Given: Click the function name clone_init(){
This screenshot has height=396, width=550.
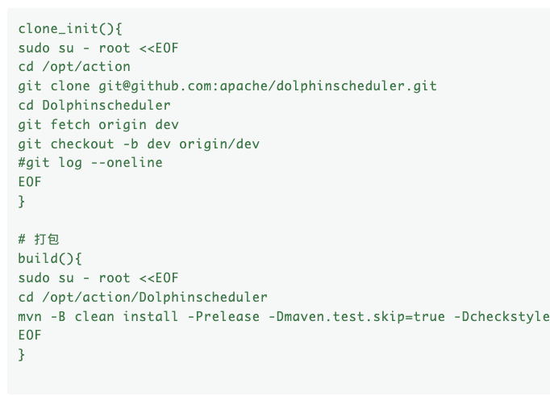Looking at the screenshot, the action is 70,28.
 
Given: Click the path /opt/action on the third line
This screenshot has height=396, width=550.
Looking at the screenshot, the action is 86,67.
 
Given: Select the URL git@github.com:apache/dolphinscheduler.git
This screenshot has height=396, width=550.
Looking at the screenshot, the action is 268,86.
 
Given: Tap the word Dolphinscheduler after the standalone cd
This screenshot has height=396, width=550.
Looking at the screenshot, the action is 106,105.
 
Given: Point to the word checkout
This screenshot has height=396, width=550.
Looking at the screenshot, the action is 82,144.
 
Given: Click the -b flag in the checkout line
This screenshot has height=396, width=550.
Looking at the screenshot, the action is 131,144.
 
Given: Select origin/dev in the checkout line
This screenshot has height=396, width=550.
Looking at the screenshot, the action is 219,144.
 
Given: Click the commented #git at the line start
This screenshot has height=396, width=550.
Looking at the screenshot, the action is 34,163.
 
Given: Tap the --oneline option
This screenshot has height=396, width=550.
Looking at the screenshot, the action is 127,163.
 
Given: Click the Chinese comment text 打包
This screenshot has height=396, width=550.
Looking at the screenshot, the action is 46,240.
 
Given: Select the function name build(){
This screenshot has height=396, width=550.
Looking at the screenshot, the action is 50,259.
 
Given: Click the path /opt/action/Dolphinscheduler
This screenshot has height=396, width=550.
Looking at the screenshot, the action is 155,297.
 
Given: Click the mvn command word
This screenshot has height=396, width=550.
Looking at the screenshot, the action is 30,316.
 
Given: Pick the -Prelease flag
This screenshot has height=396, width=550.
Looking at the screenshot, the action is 223,316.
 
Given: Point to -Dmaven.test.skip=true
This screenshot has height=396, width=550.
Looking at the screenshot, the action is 356,316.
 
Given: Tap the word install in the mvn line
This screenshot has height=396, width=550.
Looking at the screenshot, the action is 150,316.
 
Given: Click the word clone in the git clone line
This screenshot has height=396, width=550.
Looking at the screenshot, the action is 70,86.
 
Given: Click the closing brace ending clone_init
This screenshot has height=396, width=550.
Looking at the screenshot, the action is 22,202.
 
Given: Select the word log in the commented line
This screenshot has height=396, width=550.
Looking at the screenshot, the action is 70,163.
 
